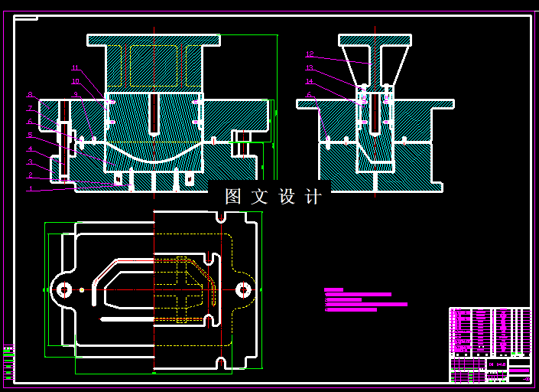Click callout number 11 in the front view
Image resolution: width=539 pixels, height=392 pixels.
tap(75, 67)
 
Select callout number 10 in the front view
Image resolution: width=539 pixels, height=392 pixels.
tap(75, 81)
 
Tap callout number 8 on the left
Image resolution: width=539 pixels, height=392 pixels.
tap(31, 94)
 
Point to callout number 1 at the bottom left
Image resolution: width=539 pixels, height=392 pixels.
tap(31, 188)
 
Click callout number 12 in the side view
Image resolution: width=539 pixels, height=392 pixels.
tap(310, 54)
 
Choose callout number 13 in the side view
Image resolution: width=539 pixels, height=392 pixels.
tap(310, 67)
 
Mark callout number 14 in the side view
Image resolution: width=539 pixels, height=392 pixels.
tap(310, 81)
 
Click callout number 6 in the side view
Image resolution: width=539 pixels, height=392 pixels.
tap(310, 95)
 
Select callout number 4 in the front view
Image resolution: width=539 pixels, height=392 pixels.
tap(31, 149)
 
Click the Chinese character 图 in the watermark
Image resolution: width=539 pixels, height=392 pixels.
tap(233, 197)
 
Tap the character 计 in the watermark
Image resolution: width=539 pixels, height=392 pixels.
tap(313, 197)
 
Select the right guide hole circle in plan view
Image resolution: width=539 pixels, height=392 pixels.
tap(244, 289)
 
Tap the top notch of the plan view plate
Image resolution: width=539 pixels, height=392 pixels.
tap(221, 217)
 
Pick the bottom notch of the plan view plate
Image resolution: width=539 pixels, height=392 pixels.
tap(221, 362)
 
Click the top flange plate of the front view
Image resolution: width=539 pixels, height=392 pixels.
tap(154, 39)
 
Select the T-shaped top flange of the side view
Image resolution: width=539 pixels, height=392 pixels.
tap(375, 39)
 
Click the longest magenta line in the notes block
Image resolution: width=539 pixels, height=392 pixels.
tap(366, 304)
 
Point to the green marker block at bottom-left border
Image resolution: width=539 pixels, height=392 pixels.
tap(8, 362)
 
